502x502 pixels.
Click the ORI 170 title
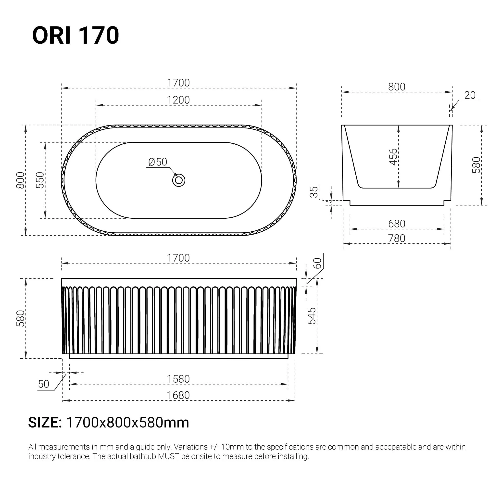(75, 35)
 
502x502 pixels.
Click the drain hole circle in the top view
(179, 180)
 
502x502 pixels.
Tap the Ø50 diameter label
(157, 162)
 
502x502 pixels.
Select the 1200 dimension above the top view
(178, 100)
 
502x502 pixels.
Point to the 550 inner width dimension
(40, 180)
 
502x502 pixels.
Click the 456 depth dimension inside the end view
(393, 157)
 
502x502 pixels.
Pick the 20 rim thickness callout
(470, 95)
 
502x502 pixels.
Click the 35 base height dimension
(314, 192)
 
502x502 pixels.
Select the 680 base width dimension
(397, 224)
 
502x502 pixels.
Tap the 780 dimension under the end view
(397, 238)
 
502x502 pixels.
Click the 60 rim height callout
(317, 263)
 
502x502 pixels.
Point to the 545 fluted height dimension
(312, 316)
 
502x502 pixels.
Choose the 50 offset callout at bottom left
(43, 384)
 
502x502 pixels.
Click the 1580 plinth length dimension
(178, 379)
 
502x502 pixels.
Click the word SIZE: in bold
(45, 423)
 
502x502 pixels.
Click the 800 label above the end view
(397, 87)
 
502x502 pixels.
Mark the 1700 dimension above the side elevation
(178, 258)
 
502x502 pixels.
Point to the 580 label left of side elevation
(20, 318)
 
